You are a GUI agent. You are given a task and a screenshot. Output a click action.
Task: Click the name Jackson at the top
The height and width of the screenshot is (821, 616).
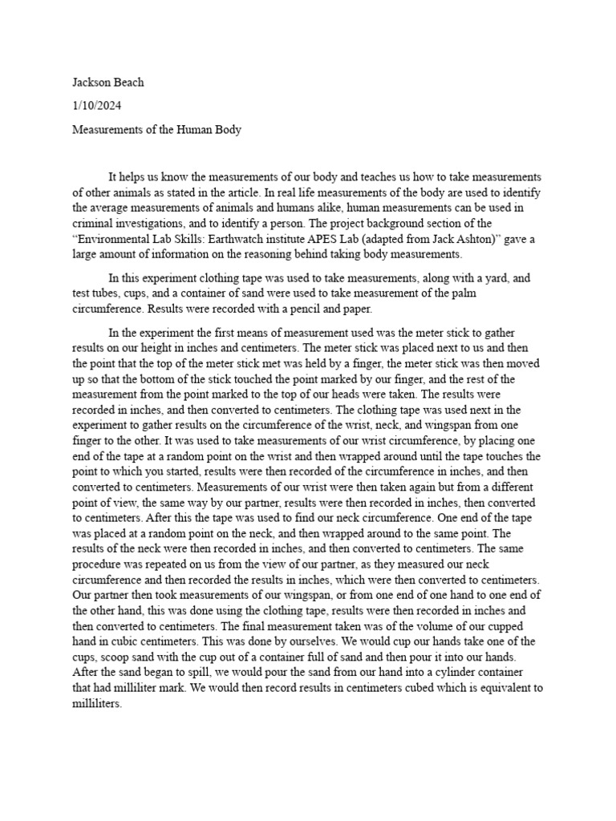[91, 82]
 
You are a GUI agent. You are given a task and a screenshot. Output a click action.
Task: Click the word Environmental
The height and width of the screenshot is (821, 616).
[114, 239]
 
